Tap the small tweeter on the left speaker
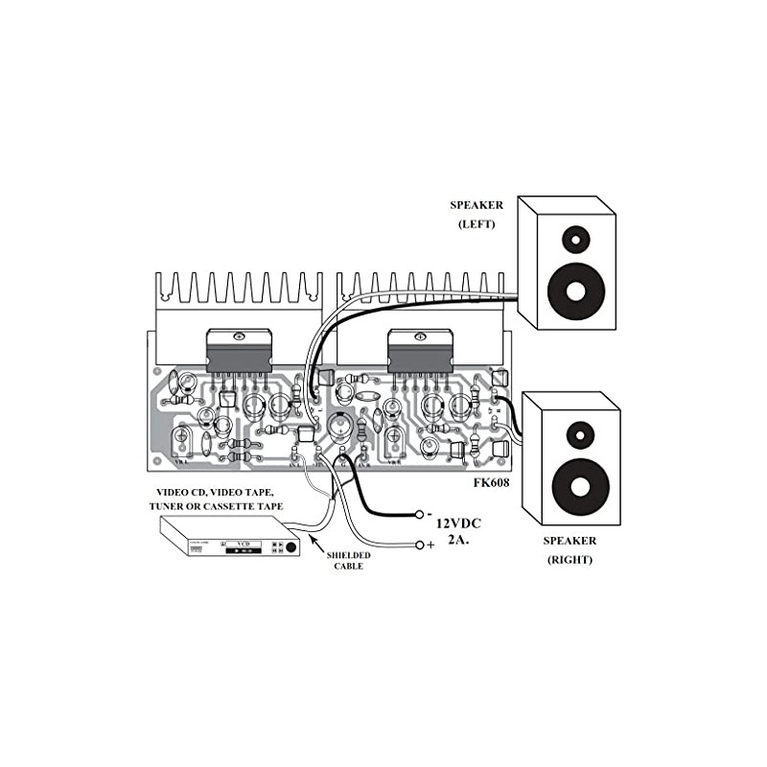[x=572, y=237]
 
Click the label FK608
[x=492, y=483]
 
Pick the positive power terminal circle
[x=420, y=546]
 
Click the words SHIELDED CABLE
[x=347, y=561]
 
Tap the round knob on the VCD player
[x=290, y=547]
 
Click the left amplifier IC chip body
[x=236, y=353]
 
